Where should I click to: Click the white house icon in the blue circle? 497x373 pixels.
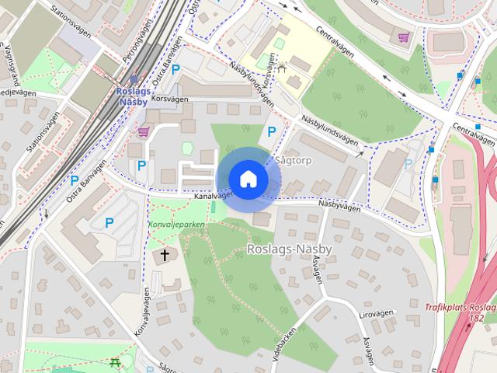click(x=248, y=179)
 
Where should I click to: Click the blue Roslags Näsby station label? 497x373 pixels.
click(x=134, y=96)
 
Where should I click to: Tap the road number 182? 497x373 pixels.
click(x=477, y=318)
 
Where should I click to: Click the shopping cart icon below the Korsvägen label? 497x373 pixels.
click(x=143, y=131)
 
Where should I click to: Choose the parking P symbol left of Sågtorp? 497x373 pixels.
click(x=271, y=131)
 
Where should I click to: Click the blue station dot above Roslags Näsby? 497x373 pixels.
click(x=134, y=79)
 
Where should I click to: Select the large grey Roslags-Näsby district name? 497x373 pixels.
click(x=289, y=248)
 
